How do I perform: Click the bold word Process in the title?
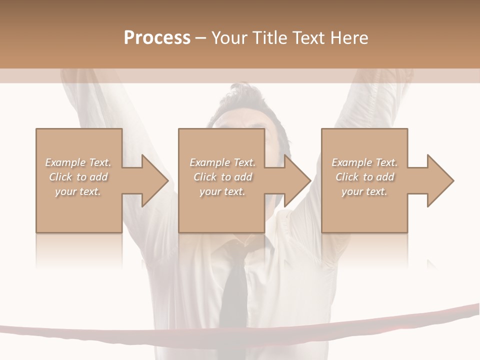(x=157, y=38)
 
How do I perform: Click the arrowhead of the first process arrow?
(x=155, y=180)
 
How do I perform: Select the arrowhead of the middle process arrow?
(x=297, y=180)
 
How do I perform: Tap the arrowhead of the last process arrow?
(x=440, y=180)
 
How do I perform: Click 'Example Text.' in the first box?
(x=78, y=162)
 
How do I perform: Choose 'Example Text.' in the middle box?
(x=222, y=162)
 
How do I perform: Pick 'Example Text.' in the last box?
(x=364, y=162)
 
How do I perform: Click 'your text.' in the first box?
(x=78, y=191)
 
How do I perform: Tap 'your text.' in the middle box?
(x=222, y=191)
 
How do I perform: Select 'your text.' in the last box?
(x=364, y=191)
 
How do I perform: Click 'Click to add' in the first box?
(x=78, y=177)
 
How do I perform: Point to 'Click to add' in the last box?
(x=364, y=177)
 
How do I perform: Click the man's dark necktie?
(x=234, y=295)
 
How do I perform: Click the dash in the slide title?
(x=200, y=38)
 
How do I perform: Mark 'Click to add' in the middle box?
(x=222, y=177)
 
